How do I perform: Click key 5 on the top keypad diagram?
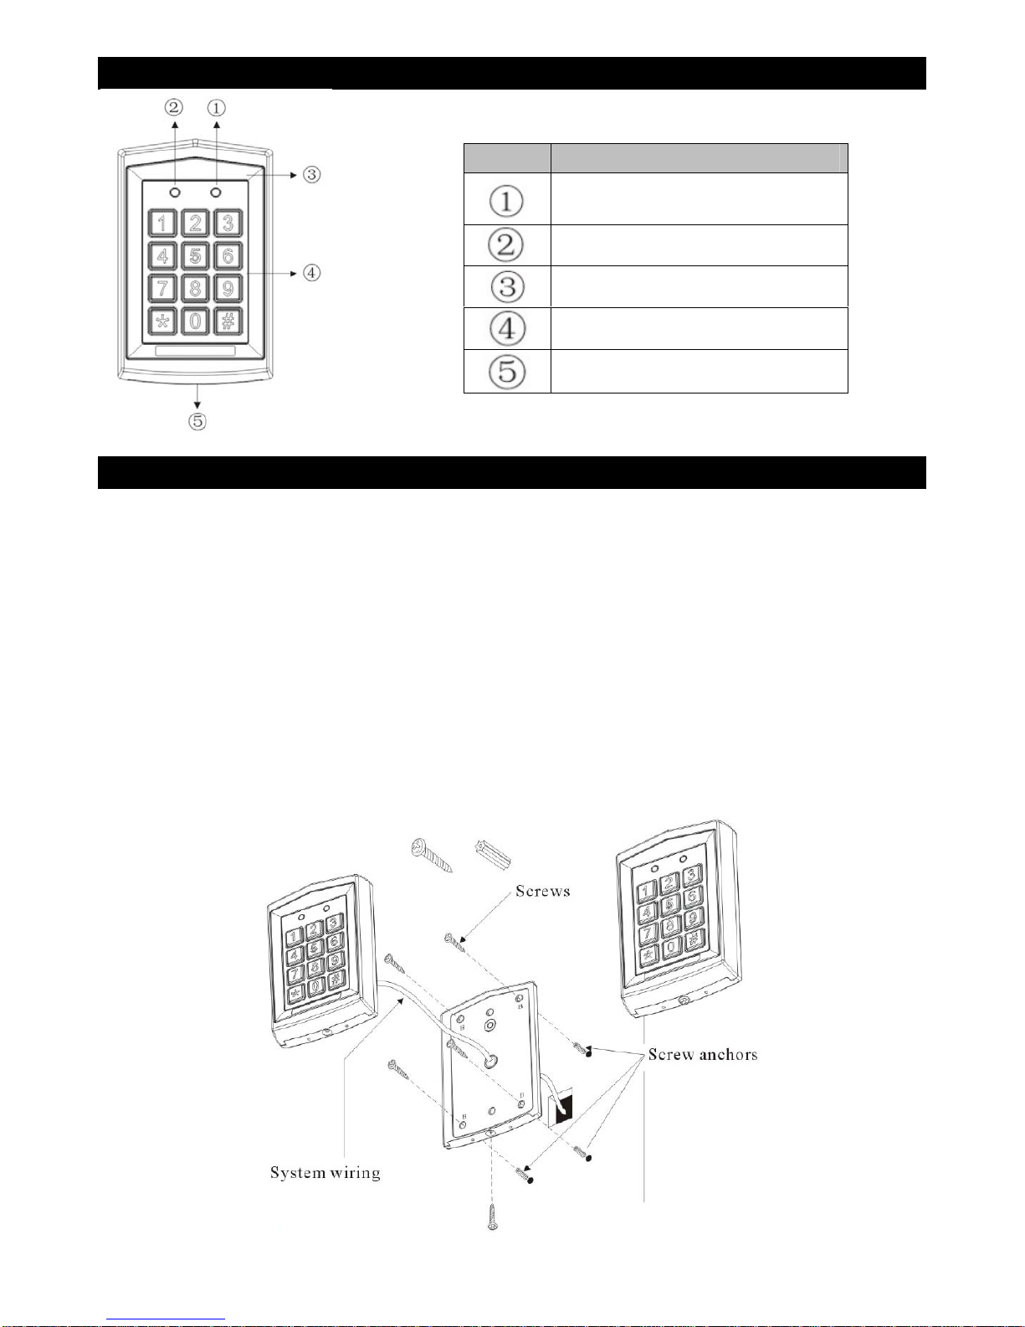point(195,255)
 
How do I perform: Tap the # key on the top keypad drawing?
point(228,321)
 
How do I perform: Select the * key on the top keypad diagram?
point(162,321)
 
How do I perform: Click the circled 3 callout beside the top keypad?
point(311,175)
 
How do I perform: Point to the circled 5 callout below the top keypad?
point(197,420)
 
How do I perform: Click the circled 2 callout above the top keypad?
point(174,107)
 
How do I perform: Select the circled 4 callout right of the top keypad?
point(311,272)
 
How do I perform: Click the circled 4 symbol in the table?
point(507,328)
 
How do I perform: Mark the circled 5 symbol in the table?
point(507,371)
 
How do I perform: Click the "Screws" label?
point(542,891)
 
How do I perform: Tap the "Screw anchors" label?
point(703,1055)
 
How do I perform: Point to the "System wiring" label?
point(325,1172)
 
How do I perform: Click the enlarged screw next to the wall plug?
point(428,856)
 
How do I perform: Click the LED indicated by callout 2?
point(174,193)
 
